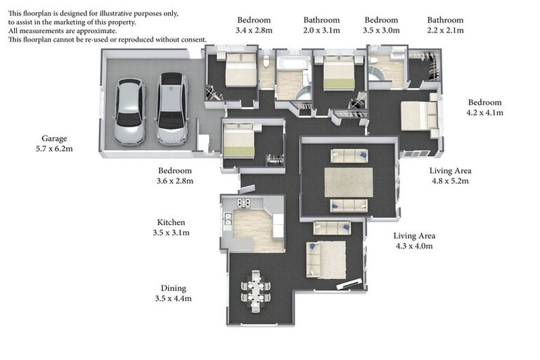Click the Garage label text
[54, 139]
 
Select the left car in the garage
[129, 112]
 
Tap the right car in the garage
[172, 109]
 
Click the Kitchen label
[171, 222]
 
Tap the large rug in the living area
[348, 182]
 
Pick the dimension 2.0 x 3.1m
[321, 31]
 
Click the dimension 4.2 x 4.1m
[484, 112]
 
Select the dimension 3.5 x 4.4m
[173, 299]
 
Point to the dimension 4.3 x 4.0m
[413, 246]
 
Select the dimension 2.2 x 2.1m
[445, 31]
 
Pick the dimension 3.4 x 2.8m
[253, 31]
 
